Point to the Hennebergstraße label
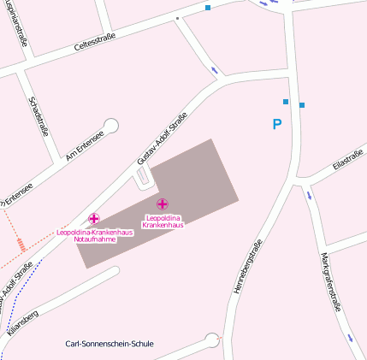[246, 267]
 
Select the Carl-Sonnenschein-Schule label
[110, 344]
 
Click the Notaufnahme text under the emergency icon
[94, 239]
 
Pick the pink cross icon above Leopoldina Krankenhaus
[163, 204]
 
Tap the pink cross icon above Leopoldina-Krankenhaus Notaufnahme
[94, 219]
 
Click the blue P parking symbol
[276, 125]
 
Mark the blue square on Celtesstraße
[207, 8]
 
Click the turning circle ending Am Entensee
[110, 126]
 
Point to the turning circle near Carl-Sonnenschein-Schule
[212, 341]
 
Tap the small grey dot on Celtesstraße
[177, 17]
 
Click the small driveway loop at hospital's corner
[143, 177]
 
